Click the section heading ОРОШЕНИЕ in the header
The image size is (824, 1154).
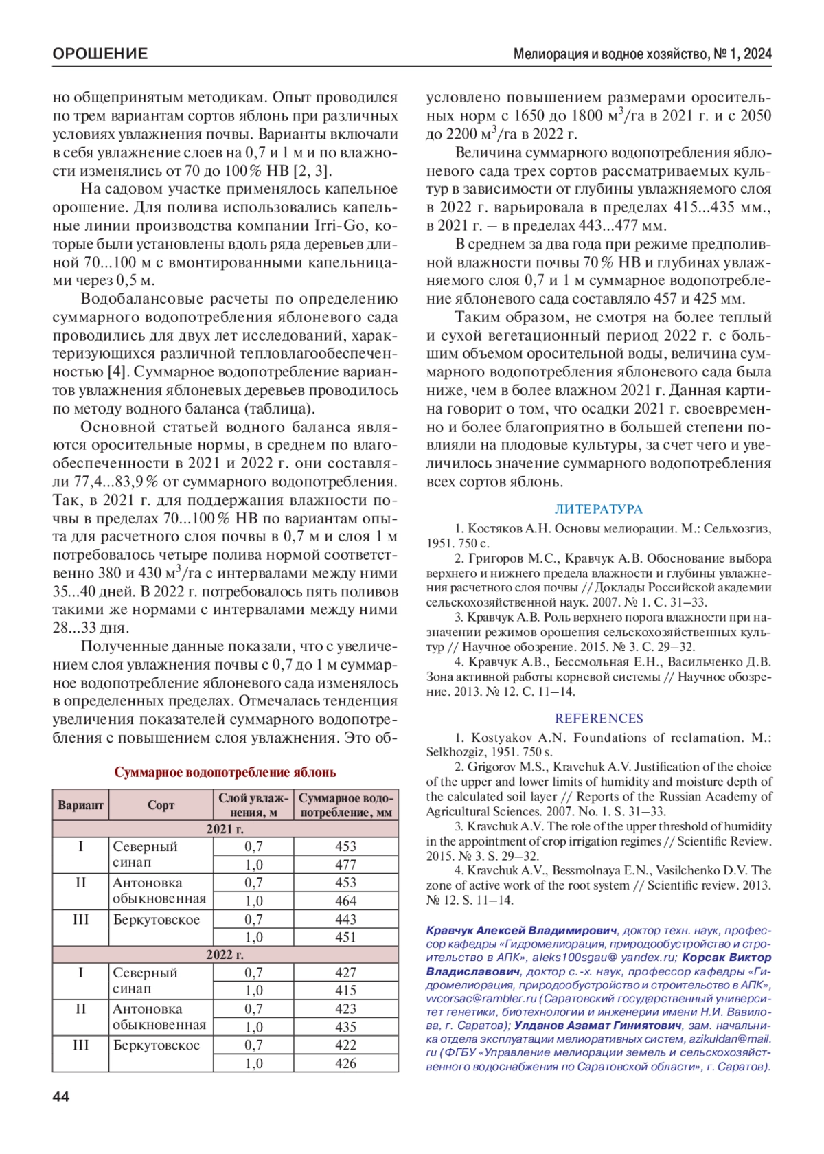click(100, 54)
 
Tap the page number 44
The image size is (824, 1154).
click(61, 1097)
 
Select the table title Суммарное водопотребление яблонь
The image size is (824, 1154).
click(225, 772)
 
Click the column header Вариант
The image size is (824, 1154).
click(80, 805)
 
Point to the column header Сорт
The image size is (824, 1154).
click(161, 805)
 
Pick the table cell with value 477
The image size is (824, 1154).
click(345, 865)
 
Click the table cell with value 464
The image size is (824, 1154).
click(345, 901)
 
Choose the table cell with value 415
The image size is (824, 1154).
click(345, 991)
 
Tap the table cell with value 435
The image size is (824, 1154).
click(345, 1027)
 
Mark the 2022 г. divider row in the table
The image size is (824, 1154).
click(225, 955)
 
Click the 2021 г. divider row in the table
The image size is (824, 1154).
click(225, 829)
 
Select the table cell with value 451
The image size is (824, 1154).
click(345, 937)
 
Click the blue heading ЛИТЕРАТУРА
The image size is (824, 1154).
click(598, 510)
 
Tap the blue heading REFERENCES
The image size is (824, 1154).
click(598, 719)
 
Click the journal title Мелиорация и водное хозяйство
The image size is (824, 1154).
click(610, 54)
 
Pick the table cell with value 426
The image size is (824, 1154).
click(345, 1063)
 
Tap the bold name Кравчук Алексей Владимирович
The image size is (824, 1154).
click(521, 931)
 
